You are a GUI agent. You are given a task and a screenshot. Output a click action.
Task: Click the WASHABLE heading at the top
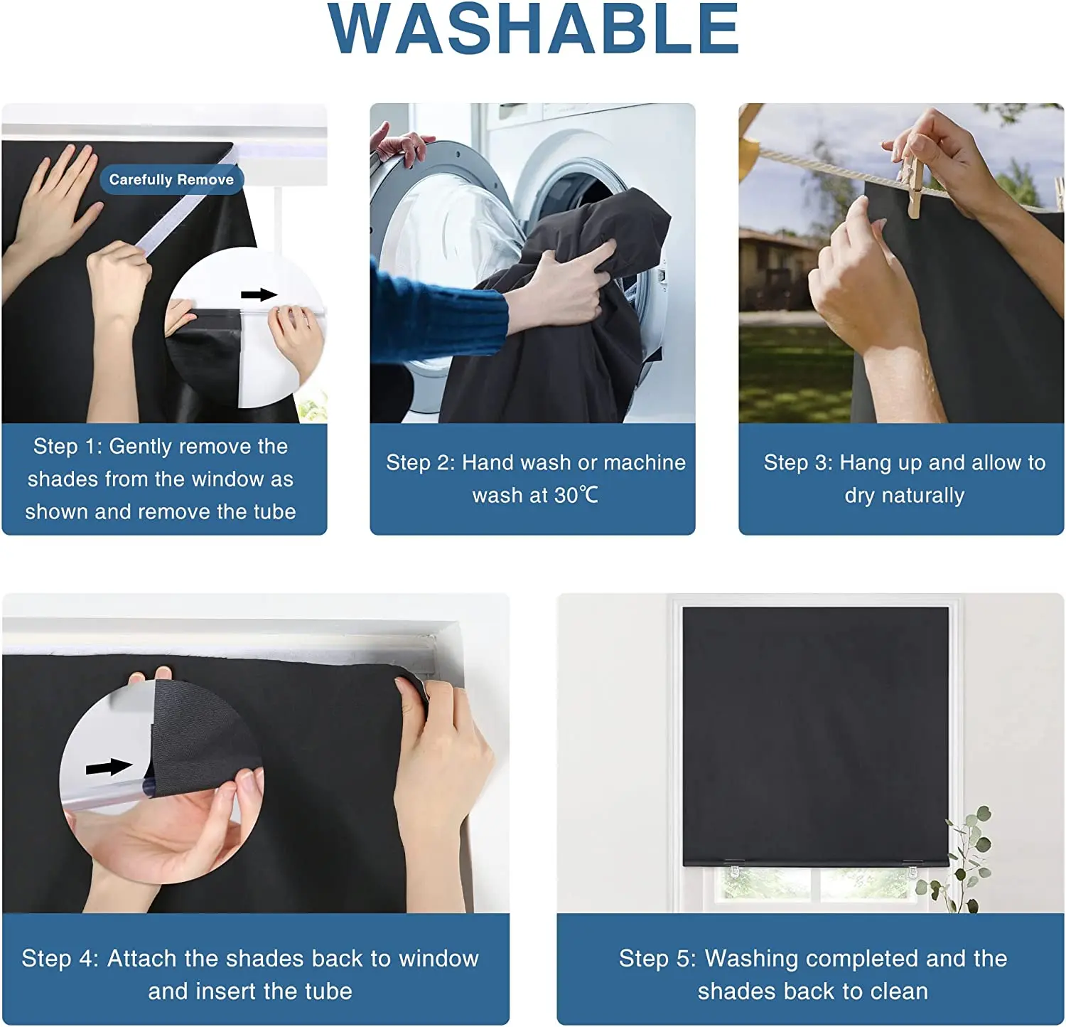533,30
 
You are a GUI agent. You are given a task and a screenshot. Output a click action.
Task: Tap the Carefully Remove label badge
171,180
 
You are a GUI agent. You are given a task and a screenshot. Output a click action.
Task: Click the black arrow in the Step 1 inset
259,294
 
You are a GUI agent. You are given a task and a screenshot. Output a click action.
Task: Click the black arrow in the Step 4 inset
108,767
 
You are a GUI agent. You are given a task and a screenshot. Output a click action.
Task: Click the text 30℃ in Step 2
576,495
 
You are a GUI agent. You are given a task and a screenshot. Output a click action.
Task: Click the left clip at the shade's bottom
734,869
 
